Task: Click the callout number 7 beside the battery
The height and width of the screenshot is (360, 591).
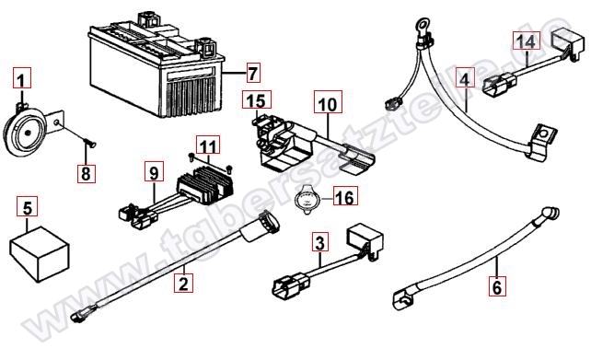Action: [252, 73]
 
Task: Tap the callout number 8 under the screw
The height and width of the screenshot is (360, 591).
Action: [87, 173]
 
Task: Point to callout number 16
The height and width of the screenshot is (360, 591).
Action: [345, 196]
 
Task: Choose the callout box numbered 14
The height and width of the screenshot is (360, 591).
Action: [527, 41]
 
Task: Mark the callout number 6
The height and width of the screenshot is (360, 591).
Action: [497, 286]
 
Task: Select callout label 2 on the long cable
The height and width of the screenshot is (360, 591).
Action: [183, 283]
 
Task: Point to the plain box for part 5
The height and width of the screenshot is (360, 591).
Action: [40, 253]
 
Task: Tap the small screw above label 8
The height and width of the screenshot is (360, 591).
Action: [89, 143]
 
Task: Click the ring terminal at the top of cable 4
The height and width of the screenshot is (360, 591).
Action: [422, 26]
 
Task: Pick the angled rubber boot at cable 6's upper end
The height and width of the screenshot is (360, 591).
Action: [550, 213]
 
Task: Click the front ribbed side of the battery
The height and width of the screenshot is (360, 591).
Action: [192, 94]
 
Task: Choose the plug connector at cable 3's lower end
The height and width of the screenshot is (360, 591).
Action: [290, 285]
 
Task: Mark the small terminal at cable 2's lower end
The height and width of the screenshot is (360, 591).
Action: [80, 316]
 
